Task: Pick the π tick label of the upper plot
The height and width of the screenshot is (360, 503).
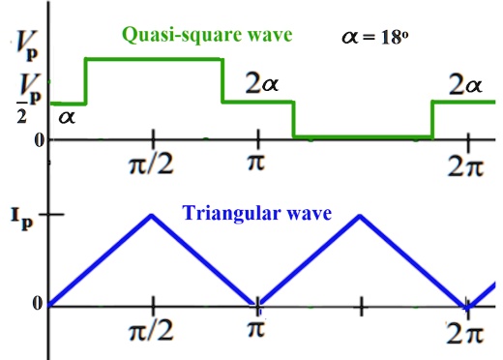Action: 255,160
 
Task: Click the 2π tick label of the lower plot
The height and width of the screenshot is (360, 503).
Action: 466,334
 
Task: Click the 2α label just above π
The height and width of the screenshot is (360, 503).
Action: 261,85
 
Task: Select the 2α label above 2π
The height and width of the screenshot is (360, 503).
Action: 464,87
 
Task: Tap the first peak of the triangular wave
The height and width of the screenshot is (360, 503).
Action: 152,214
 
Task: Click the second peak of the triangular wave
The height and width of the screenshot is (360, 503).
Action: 360,214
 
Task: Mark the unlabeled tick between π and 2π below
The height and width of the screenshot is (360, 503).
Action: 360,307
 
